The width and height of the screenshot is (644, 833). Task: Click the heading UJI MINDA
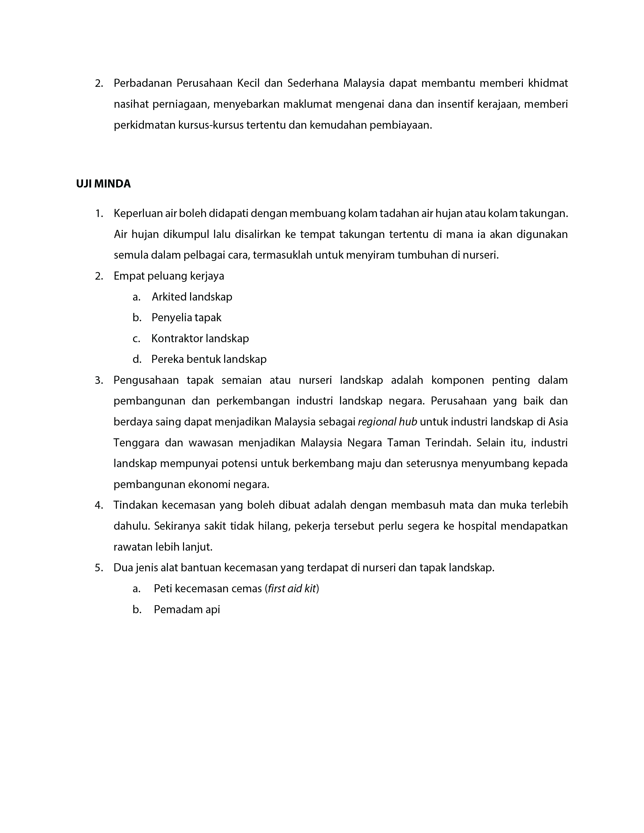click(104, 184)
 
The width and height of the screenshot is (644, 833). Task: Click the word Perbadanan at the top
click(143, 83)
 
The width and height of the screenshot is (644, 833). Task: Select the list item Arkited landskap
click(192, 297)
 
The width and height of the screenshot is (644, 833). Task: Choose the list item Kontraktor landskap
click(200, 339)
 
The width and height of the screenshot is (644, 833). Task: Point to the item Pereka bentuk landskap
click(209, 359)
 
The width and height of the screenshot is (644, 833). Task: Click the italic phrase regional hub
click(387, 422)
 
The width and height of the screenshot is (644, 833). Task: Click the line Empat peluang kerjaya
click(169, 276)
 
